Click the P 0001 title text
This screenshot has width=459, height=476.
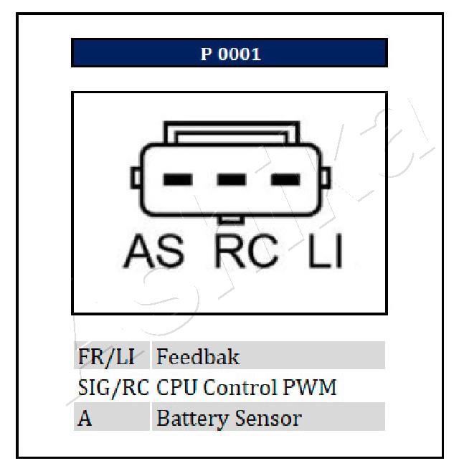tap(230, 54)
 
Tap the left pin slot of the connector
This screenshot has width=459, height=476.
tap(178, 179)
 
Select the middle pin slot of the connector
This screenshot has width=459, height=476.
tap(232, 179)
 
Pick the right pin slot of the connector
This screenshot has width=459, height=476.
tap(285, 179)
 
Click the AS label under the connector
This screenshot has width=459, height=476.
tap(153, 252)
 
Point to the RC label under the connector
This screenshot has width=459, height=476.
tap(246, 252)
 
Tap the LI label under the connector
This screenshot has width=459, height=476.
tap(326, 252)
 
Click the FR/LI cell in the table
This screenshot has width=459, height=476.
tap(106, 357)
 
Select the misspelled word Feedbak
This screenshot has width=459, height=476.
tap(198, 356)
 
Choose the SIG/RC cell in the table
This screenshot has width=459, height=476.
tap(113, 388)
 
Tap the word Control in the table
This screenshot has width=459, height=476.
tap(240, 387)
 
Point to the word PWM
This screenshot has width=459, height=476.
tap(310, 387)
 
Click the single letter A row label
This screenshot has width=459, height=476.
tap(85, 419)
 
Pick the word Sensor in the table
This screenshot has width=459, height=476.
tap(268, 419)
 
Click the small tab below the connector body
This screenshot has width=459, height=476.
tap(231, 219)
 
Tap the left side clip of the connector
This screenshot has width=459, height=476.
tap(136, 178)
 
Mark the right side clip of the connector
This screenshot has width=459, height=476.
tap(326, 178)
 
